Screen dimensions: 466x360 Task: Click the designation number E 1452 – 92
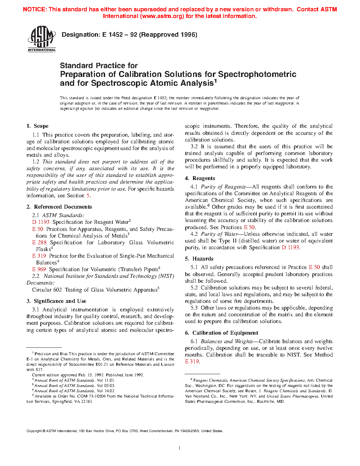click(x=120, y=35)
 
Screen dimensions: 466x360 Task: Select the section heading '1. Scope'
click(x=37, y=126)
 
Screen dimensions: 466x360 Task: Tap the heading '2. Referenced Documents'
click(x=59, y=207)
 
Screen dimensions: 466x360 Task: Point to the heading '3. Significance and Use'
click(x=56, y=301)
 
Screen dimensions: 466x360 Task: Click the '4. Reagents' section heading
click(x=200, y=178)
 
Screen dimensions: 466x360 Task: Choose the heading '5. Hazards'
click(x=199, y=259)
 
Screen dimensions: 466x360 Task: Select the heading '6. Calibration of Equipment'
click(x=221, y=333)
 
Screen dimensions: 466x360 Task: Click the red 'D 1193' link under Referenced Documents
click(x=41, y=222)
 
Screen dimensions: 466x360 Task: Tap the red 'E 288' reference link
click(x=39, y=243)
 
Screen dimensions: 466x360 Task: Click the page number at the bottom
click(x=180, y=448)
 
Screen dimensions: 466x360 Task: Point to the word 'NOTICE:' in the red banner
click(x=35, y=10)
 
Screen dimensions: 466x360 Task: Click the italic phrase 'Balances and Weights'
click(x=227, y=341)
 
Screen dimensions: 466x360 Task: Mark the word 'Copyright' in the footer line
click(x=34, y=431)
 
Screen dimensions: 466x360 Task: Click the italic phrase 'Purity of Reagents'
click(x=223, y=187)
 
